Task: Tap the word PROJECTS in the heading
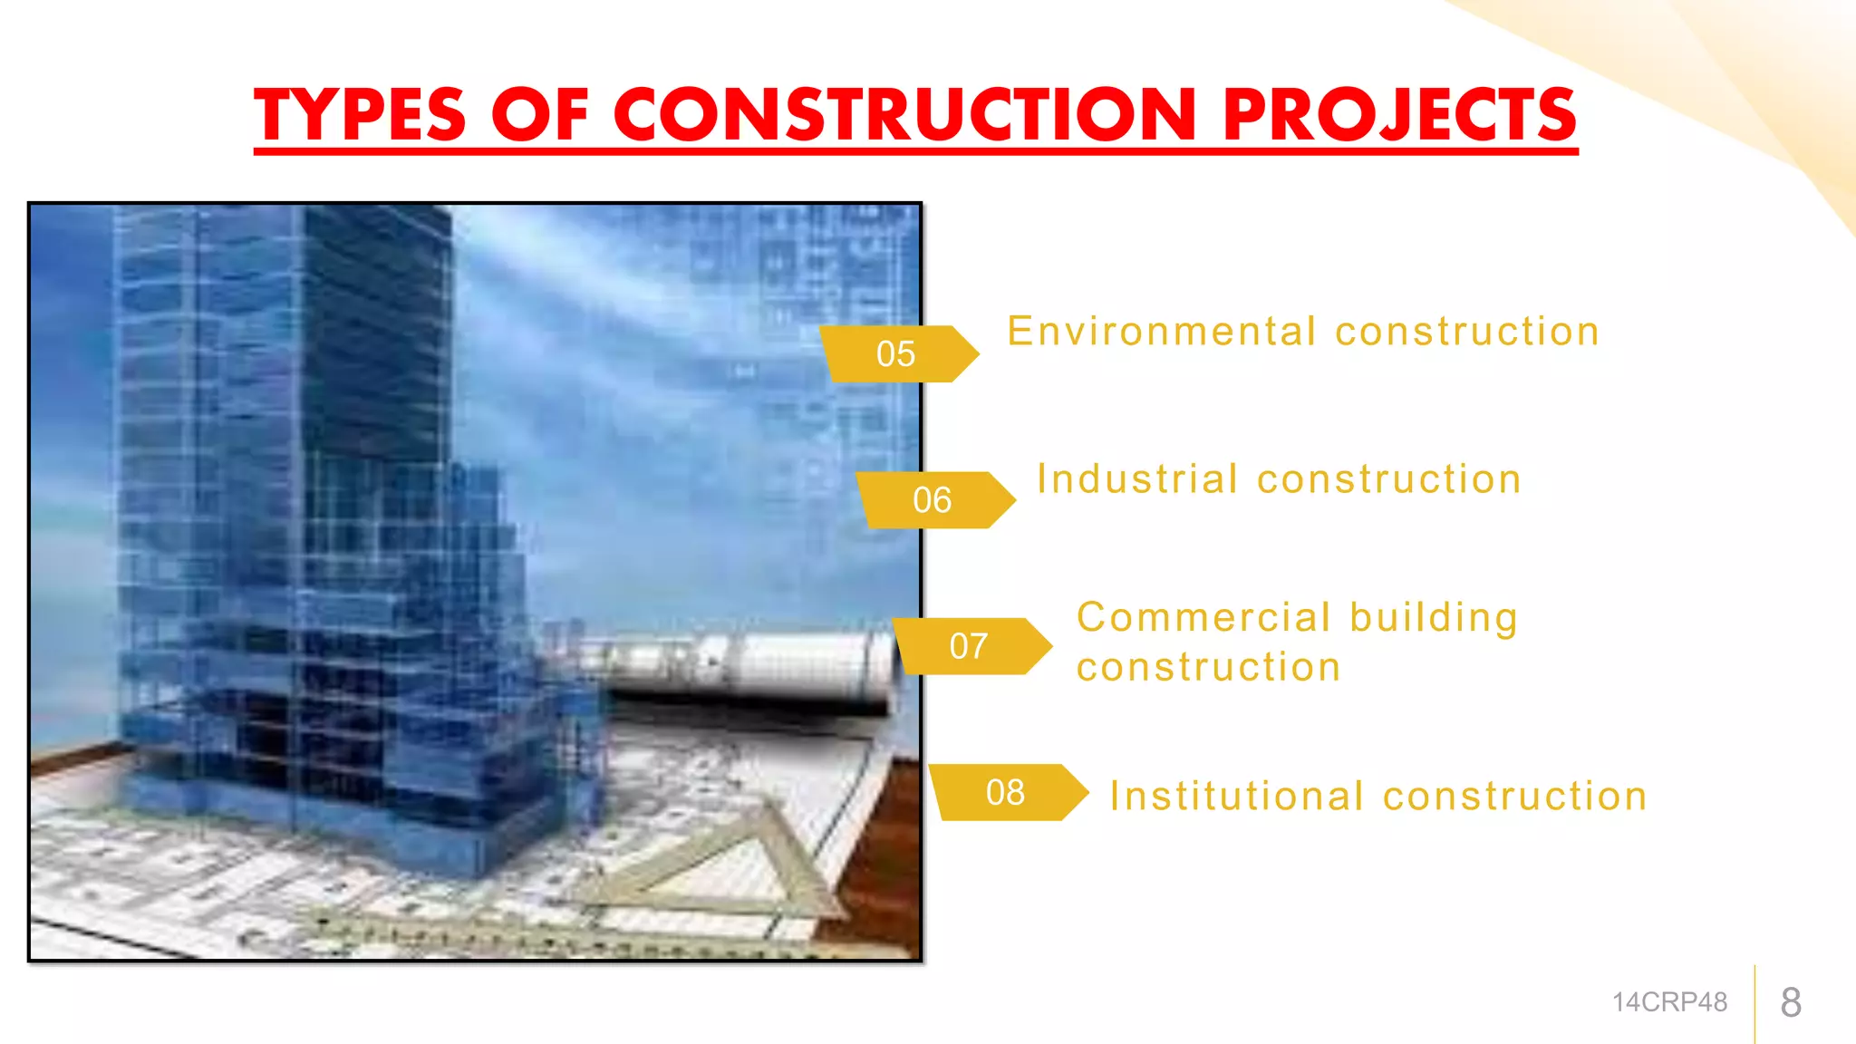pos(1400,115)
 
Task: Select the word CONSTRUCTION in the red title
pos(905,115)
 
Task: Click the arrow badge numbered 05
pos(897,353)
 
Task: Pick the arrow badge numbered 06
pos(933,500)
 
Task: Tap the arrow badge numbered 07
pos(970,646)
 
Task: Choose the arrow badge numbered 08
pos(1006,793)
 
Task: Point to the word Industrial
pos(1137,478)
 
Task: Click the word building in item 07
pos(1434,618)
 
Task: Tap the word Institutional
pos(1237,797)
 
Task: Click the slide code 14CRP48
pos(1669,1002)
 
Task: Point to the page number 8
pos(1791,1002)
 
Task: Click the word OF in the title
pos(540,115)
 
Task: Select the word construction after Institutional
pos(1515,797)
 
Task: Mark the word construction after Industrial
pos(1389,478)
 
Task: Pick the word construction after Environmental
pos(1467,331)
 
